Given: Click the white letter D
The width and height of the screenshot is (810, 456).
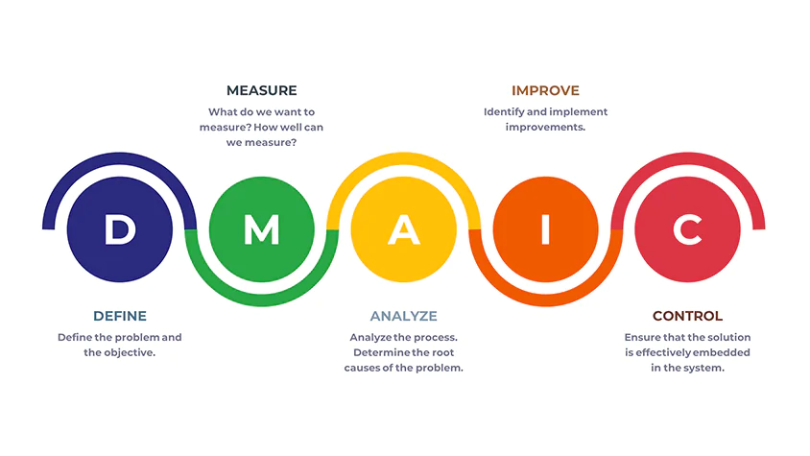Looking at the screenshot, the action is coord(120,229).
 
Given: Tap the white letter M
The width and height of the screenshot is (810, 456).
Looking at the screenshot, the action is coord(261,229).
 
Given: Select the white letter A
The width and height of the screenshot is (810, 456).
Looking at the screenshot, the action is coord(403,229).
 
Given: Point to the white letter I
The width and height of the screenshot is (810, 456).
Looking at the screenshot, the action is coord(545,229).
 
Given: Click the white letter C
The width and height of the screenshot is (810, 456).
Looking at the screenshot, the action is coord(687,229).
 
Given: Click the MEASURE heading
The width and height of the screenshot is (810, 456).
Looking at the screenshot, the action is coord(261,90).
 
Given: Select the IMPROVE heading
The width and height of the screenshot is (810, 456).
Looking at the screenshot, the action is coord(545,90).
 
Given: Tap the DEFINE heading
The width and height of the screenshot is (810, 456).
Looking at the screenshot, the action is coord(120,316).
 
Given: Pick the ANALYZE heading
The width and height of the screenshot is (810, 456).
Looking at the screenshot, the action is coord(403,316).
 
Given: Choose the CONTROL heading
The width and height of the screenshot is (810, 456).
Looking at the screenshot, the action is coord(687,316).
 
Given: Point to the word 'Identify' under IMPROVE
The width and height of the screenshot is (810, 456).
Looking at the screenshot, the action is coord(504,112).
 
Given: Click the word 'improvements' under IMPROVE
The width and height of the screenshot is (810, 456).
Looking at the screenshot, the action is coord(545,128).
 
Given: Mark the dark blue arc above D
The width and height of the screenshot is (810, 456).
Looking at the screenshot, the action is coord(120,158).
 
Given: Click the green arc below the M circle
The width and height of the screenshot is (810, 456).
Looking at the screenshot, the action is coord(261,300).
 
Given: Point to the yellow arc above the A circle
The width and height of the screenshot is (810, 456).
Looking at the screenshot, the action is coord(403,158).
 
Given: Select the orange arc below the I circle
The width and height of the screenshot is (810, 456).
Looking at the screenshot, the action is coord(545,300).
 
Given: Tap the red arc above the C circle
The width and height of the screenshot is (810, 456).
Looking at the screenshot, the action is coord(687,158).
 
